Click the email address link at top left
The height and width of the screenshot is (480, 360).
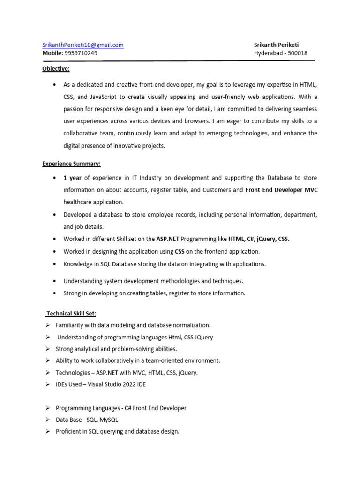click(x=83, y=45)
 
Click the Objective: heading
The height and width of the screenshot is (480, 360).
click(x=56, y=69)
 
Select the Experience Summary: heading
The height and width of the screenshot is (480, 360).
click(x=71, y=164)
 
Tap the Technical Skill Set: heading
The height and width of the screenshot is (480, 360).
click(x=71, y=313)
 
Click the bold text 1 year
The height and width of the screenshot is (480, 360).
click(x=73, y=178)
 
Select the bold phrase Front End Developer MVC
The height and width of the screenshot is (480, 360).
click(x=281, y=190)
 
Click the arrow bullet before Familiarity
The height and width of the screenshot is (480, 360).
click(x=47, y=325)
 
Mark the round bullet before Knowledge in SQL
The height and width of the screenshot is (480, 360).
click(x=55, y=264)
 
